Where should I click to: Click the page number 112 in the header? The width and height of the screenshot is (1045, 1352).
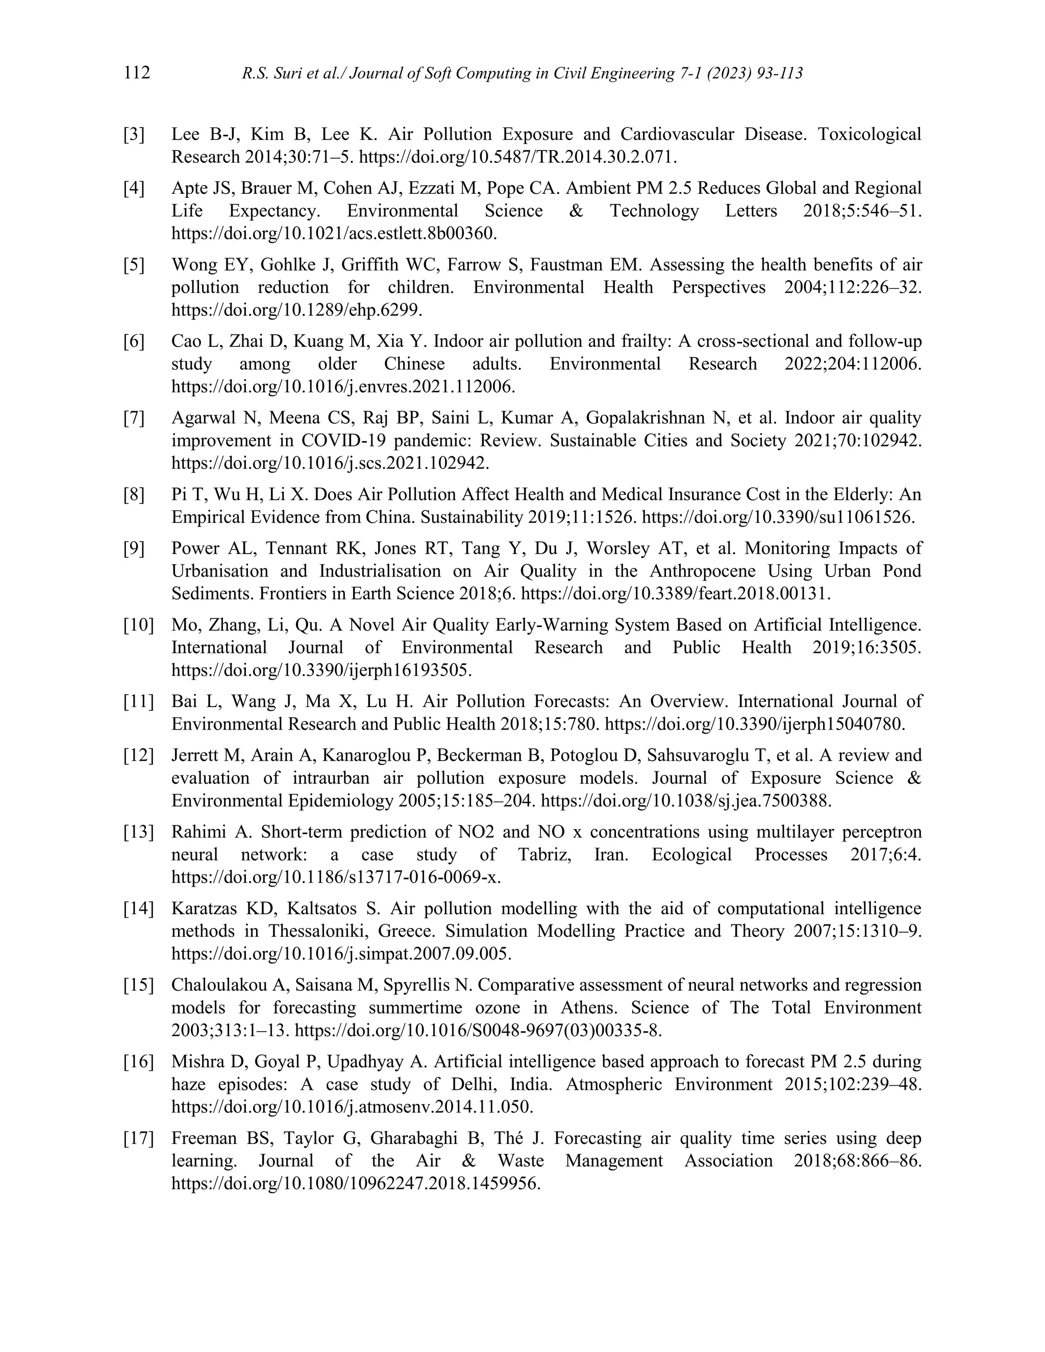[137, 73]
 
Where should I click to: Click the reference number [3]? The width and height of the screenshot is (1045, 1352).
[134, 134]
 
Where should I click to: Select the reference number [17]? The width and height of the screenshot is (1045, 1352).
[138, 1138]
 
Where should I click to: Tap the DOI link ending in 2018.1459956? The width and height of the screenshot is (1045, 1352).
[356, 1184]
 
